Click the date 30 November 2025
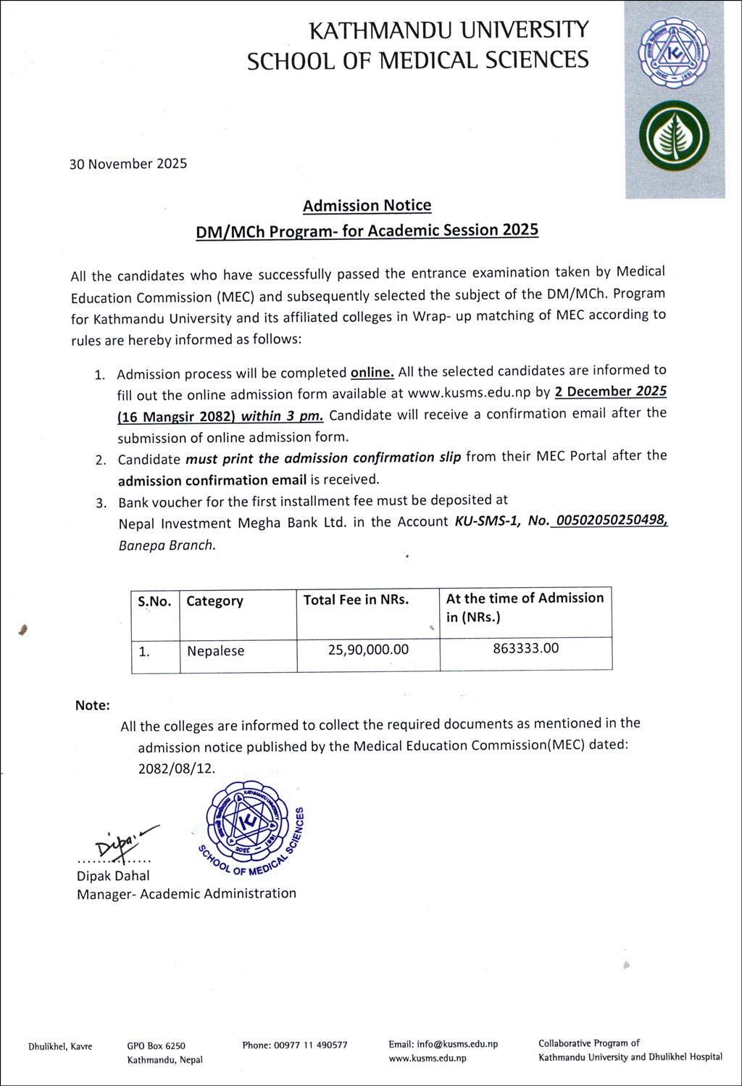128,164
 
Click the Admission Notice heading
367,206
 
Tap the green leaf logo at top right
674,138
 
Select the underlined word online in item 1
372,373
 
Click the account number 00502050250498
609,521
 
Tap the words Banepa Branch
167,546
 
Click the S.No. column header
154,601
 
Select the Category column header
214,601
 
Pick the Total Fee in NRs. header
356,600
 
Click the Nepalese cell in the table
215,651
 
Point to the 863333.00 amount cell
526,648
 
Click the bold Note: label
93,705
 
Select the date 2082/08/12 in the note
177,768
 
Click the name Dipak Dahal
113,876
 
